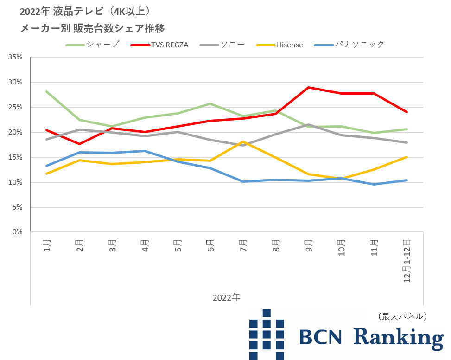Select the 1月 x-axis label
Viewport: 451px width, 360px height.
(47, 245)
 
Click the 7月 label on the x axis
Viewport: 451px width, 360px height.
(243, 245)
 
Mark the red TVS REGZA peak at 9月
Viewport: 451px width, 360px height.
(308, 87)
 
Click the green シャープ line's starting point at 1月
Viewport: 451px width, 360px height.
(47, 91)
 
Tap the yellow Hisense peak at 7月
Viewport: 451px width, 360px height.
(243, 141)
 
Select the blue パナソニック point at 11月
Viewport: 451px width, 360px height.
(374, 184)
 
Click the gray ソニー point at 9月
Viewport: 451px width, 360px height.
(308, 124)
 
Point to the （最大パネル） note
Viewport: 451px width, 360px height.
(402, 316)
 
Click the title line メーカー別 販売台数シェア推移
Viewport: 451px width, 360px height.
(93, 28)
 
